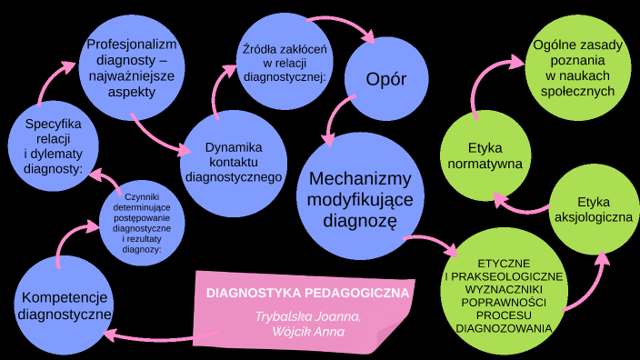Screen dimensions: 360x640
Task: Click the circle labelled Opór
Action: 385,79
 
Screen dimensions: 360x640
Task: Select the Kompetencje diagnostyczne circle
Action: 65,306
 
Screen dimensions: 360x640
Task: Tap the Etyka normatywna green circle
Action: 485,155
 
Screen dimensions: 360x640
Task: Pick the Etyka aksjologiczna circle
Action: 593,209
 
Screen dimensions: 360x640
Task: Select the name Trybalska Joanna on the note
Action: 309,316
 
